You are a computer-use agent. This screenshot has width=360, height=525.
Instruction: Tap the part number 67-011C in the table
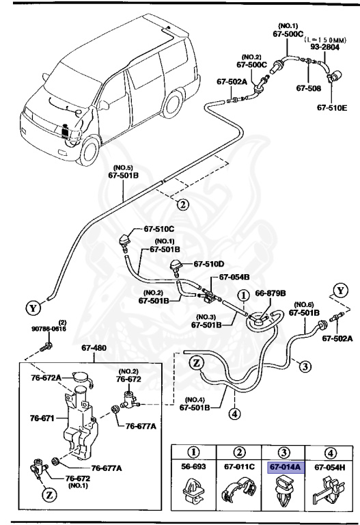pos(239,467)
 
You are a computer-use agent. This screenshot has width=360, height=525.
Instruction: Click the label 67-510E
pos(332,107)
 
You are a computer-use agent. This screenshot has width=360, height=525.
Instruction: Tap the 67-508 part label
pos(308,87)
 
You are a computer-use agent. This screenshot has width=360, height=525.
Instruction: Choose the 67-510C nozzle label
pos(159,229)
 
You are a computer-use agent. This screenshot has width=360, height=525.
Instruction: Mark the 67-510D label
pos(208,263)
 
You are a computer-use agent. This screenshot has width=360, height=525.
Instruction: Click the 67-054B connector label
pos(234,278)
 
